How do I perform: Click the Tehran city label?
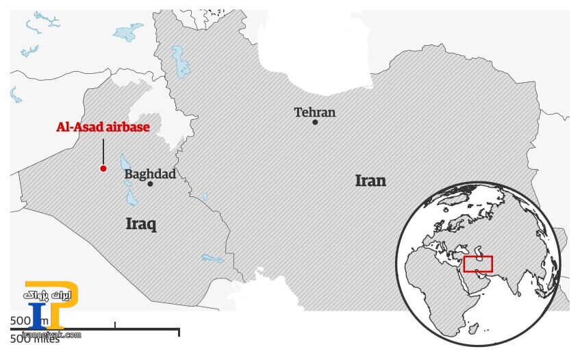[315, 112]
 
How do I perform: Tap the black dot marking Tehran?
[315, 123]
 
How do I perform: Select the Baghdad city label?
[150, 174]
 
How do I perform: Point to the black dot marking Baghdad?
[150, 184]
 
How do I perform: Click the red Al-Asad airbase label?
[103, 127]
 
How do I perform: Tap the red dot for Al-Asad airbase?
[103, 168]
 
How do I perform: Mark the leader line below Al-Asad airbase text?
[103, 151]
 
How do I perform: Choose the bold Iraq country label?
[141, 224]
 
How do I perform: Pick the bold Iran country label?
[370, 181]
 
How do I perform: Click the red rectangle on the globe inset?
[477, 263]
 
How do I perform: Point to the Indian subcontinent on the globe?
[510, 281]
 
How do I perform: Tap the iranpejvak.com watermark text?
[51, 335]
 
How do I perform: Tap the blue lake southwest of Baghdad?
[131, 198]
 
